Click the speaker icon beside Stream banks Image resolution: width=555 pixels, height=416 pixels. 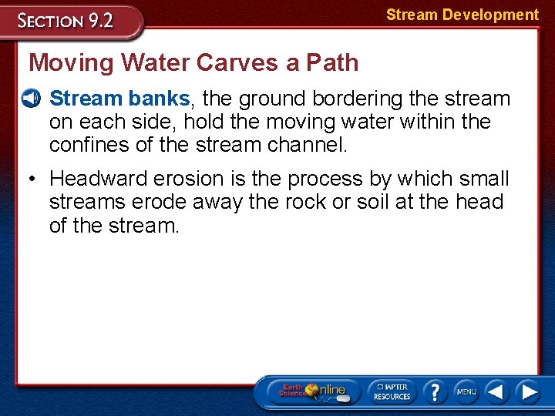tap(32, 99)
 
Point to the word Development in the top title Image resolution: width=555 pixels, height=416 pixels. tap(490, 15)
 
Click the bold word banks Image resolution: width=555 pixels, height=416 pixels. tap(159, 99)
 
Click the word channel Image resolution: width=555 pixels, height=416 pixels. tap(308, 145)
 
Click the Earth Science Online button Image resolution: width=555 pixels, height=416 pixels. tap(312, 391)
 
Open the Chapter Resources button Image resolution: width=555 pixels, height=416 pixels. tap(391, 391)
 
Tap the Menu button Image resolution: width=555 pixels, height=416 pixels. tap(466, 391)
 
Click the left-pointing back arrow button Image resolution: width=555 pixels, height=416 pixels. tap(496, 391)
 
